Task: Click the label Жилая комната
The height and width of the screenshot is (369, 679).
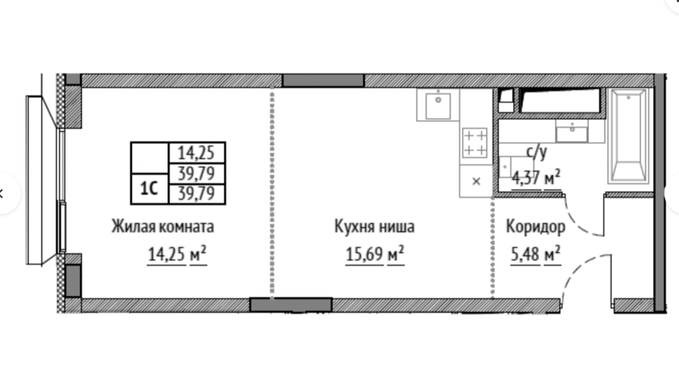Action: tap(163, 226)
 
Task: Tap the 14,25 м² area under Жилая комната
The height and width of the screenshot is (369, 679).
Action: tap(177, 254)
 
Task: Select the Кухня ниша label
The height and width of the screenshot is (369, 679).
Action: tap(374, 226)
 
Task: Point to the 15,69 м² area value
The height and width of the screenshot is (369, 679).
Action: tap(374, 254)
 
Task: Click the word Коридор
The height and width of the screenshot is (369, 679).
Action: tap(535, 227)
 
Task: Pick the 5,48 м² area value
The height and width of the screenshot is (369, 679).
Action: tap(536, 254)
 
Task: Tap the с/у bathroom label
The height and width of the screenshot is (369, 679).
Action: tap(536, 152)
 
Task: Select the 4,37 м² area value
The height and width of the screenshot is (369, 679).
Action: tap(536, 178)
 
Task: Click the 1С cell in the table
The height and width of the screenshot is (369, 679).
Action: tap(149, 189)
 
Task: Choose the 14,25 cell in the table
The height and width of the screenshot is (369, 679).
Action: tap(196, 153)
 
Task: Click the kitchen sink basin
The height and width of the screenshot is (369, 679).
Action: tap(438, 105)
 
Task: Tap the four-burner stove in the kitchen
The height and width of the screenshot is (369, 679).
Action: tap(475, 143)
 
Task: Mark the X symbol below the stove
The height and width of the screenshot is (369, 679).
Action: tap(476, 181)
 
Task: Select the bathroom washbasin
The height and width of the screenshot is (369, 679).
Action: tap(572, 131)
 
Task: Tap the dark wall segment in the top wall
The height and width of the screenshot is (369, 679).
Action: tap(323, 81)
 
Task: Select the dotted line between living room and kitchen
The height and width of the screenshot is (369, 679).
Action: tap(272, 192)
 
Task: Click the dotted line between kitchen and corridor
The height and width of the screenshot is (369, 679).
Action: tap(493, 248)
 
